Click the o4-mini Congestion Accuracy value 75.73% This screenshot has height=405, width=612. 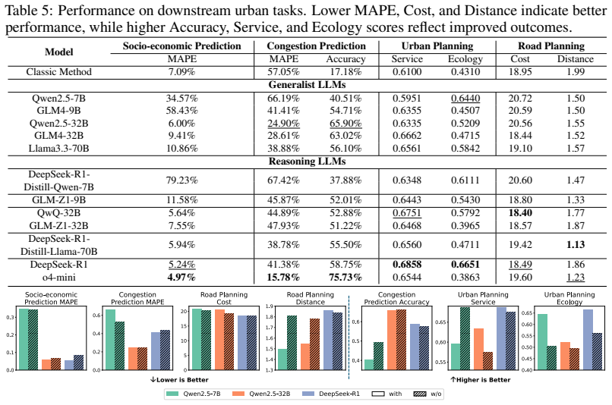[345, 278]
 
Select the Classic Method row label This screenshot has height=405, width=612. [59, 72]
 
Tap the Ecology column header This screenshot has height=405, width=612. [465, 59]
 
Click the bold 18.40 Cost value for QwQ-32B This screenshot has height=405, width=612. [520, 213]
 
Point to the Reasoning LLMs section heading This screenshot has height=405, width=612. [308, 162]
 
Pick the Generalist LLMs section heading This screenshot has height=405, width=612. [308, 85]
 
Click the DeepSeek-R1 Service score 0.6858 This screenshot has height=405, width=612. [407, 264]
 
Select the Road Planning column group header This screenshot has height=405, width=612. [551, 46]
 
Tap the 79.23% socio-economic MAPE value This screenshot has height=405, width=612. [182, 181]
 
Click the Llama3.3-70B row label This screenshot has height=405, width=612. [59, 149]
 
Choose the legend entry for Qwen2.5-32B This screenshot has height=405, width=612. [261, 394]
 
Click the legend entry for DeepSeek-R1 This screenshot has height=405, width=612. [331, 394]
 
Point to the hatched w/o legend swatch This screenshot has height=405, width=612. [420, 394]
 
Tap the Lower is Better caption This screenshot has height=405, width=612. [179, 380]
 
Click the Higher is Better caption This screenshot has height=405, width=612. [481, 380]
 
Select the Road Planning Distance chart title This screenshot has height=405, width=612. [311, 298]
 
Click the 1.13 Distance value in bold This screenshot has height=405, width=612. [576, 245]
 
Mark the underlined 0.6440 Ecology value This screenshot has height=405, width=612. [465, 99]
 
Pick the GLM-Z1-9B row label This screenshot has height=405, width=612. [59, 200]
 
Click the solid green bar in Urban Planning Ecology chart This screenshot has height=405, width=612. [542, 342]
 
